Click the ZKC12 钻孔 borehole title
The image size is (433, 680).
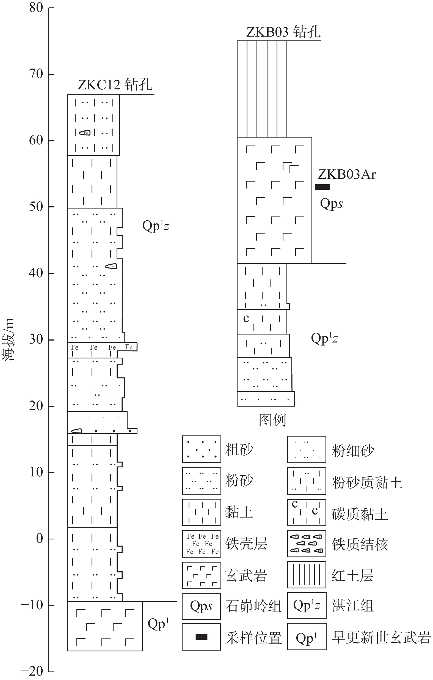click(x=115, y=84)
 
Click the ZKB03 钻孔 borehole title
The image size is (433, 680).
click(x=283, y=32)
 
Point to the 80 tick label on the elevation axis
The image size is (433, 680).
click(x=36, y=8)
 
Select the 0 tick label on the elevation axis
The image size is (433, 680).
click(x=40, y=538)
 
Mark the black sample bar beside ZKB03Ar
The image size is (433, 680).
click(x=322, y=187)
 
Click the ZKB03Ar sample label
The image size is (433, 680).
click(x=347, y=174)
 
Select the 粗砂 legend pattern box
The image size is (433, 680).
click(x=202, y=449)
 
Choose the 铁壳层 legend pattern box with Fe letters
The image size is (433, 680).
click(x=202, y=544)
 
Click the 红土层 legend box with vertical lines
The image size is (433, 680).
click(x=307, y=575)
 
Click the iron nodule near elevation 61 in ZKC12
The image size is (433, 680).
click(x=85, y=132)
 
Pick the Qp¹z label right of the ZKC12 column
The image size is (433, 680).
click(x=156, y=226)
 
